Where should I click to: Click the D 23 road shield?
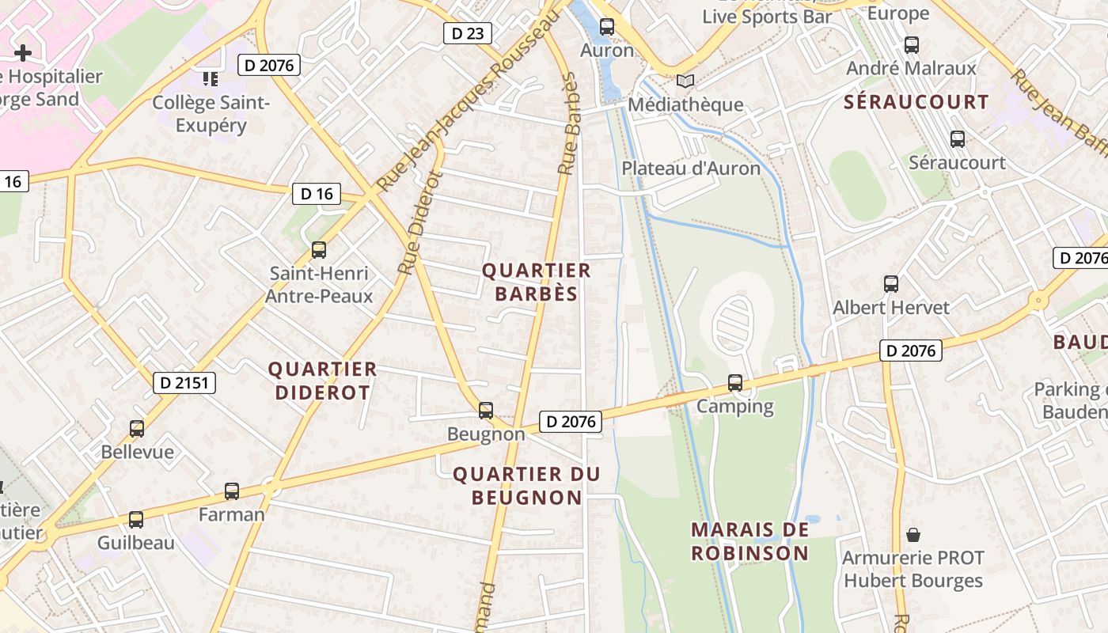(467, 33)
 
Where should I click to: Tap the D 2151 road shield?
(184, 383)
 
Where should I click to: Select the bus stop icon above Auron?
(607, 27)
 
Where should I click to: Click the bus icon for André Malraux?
(911, 45)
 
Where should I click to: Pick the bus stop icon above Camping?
(735, 383)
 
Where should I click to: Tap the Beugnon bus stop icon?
(486, 411)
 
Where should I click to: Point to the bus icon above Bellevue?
(137, 429)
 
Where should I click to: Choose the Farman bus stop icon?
(232, 491)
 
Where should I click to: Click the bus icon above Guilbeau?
(136, 520)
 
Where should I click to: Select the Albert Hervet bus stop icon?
(891, 284)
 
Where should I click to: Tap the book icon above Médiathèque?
(685, 81)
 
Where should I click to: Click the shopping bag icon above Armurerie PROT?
(913, 535)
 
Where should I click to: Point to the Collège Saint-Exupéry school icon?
(211, 78)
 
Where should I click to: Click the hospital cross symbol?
(23, 53)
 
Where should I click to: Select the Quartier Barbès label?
(537, 282)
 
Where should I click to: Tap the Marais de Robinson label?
(749, 541)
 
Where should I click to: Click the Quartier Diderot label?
(322, 381)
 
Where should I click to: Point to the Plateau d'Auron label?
(690, 168)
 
